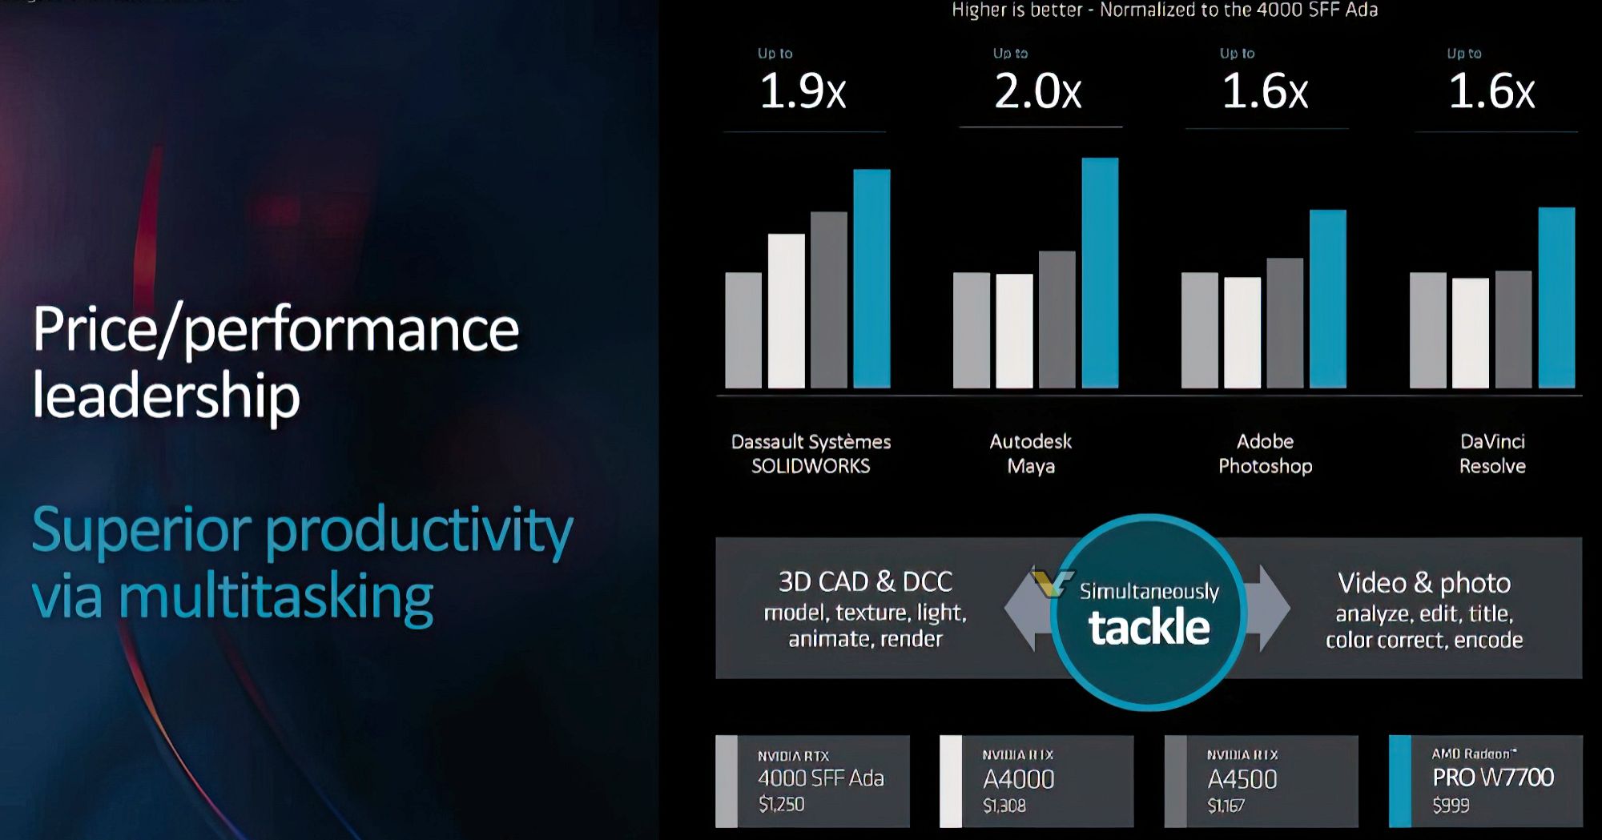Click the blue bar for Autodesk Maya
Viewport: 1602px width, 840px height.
(1100, 272)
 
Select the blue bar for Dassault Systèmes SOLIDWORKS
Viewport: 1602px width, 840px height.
(871, 278)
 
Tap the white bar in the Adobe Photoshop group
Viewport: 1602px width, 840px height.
(1242, 332)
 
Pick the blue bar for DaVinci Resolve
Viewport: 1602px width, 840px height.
(1556, 297)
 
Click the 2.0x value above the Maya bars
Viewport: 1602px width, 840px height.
(1038, 91)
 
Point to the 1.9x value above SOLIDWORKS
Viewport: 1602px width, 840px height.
(803, 91)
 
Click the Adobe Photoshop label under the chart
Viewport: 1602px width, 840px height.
(1265, 453)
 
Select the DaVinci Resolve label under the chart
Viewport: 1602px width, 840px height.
(1492, 453)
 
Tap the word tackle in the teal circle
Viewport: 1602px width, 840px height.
(1149, 627)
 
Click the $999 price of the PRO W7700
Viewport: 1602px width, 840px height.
(1451, 805)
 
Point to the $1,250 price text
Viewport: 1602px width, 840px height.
(781, 804)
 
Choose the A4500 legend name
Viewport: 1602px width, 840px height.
(1242, 779)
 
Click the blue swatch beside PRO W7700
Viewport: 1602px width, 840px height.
(1399, 781)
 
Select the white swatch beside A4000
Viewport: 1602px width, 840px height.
(951, 781)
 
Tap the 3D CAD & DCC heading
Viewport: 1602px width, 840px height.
(865, 581)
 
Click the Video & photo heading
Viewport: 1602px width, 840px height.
(1424, 583)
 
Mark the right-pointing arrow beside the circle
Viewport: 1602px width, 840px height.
(1274, 609)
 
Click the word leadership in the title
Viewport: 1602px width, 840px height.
(166, 396)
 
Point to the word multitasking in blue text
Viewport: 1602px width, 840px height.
(276, 597)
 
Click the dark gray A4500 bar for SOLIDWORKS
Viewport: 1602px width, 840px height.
(829, 299)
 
